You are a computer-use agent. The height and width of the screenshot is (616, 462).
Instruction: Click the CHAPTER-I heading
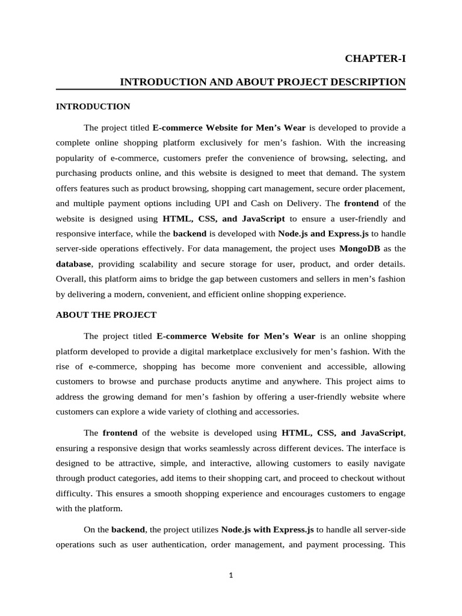[x=375, y=58]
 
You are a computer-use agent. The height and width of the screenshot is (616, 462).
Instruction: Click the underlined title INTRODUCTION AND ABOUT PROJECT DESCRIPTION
[x=263, y=82]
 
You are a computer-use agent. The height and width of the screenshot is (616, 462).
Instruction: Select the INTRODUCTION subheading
[x=93, y=106]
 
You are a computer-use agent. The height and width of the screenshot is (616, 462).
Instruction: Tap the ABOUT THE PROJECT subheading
[x=106, y=315]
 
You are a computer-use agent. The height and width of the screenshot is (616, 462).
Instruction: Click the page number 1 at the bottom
[x=230, y=575]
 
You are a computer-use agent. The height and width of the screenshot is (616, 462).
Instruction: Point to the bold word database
[x=73, y=263]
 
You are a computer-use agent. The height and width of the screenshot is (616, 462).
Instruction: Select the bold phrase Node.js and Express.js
[x=323, y=233]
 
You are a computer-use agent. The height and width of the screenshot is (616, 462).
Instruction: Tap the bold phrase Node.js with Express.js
[x=267, y=529]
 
